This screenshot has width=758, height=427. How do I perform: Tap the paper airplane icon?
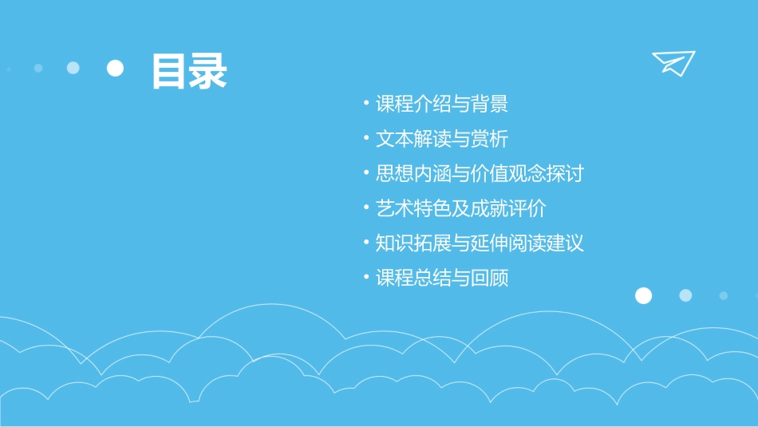click(x=673, y=62)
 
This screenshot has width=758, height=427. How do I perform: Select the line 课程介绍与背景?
click(x=442, y=104)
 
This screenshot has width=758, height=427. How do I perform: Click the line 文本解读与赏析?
click(x=442, y=139)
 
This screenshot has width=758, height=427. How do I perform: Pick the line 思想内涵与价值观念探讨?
click(x=480, y=173)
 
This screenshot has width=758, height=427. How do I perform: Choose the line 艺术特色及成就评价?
click(x=460, y=208)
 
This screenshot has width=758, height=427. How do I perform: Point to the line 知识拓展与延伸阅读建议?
click(x=480, y=243)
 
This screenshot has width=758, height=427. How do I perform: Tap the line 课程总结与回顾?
click(x=442, y=278)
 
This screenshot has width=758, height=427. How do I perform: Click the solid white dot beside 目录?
click(x=116, y=69)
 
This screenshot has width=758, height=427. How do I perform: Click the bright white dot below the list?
click(x=643, y=295)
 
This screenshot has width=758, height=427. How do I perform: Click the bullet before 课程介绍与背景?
click(x=366, y=104)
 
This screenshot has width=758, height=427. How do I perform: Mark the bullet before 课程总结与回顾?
click(x=366, y=278)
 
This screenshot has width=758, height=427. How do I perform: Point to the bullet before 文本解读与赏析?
click(x=366, y=139)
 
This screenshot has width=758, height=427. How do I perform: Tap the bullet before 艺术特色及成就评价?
click(x=366, y=208)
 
